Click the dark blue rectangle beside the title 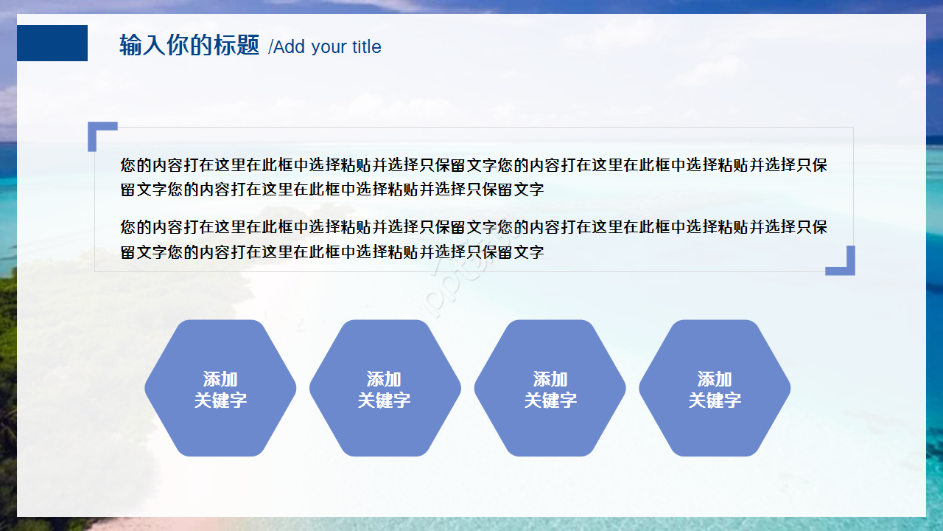click(x=52, y=43)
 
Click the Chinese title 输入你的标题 click(x=189, y=46)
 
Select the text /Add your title click(x=325, y=47)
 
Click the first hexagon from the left click(x=220, y=388)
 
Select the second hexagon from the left click(x=385, y=388)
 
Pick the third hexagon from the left click(x=550, y=388)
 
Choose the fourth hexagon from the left click(x=714, y=388)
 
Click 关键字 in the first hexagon click(x=220, y=400)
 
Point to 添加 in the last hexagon click(x=714, y=379)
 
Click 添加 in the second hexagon click(x=384, y=379)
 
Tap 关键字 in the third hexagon click(x=550, y=400)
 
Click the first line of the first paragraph click(x=474, y=164)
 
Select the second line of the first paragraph click(x=332, y=190)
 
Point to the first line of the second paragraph click(x=474, y=226)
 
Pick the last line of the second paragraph click(x=332, y=252)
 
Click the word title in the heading click(x=366, y=47)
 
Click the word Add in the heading click(x=290, y=47)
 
